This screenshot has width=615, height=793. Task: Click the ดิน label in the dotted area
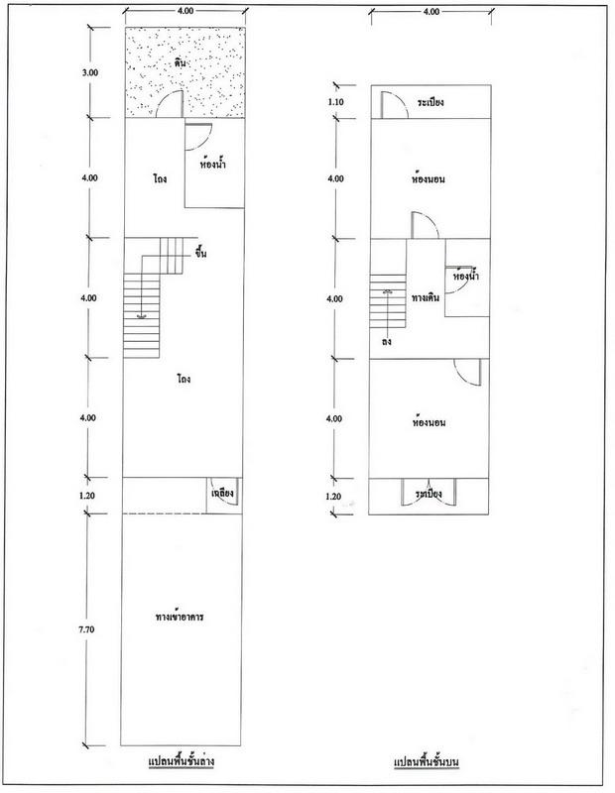[x=181, y=63]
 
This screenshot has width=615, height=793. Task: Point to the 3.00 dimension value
[x=90, y=72]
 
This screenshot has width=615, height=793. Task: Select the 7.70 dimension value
[x=86, y=629]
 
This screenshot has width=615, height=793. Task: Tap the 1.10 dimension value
[x=336, y=102]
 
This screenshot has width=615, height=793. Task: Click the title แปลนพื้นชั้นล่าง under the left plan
[x=182, y=761]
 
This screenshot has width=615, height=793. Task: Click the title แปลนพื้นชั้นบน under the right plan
[x=427, y=761]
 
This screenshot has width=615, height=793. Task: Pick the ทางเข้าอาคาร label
[x=180, y=617]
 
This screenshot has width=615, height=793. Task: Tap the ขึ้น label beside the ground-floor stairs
[x=200, y=253]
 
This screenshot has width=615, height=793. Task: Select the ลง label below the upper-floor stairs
[x=387, y=341]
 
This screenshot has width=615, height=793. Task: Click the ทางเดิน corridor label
[x=426, y=297]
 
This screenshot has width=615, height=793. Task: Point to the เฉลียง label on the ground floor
[x=222, y=493]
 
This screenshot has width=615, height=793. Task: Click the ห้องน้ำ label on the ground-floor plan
[x=213, y=164]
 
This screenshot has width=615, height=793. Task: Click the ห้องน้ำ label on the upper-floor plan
[x=465, y=276]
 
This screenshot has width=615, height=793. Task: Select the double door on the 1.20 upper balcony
[x=429, y=492]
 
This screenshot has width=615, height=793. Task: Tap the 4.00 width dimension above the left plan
[x=185, y=11]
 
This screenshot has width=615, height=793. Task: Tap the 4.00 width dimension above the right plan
[x=431, y=12]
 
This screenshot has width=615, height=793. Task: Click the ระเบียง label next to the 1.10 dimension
[x=430, y=102]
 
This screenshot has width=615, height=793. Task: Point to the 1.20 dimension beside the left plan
[x=87, y=496]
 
